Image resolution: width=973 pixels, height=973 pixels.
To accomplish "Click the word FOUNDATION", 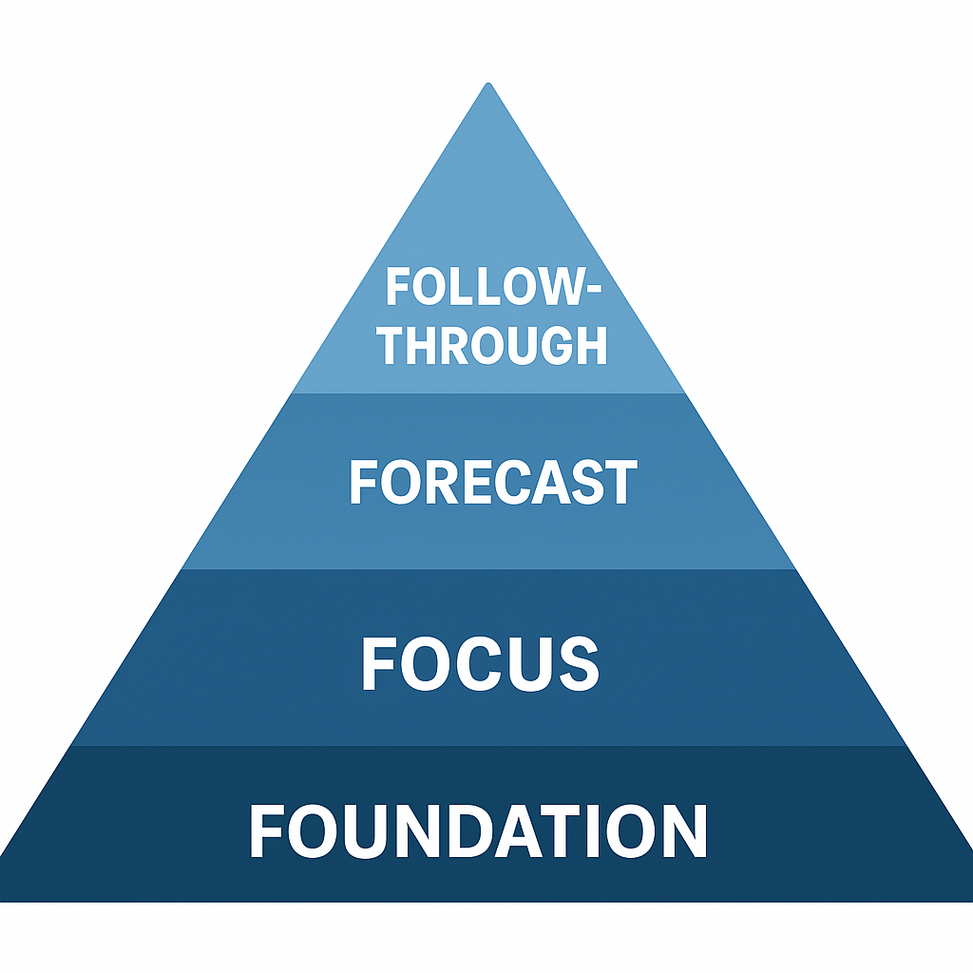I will tap(478, 832).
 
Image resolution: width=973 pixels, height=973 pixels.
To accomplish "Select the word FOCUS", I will tap(480, 663).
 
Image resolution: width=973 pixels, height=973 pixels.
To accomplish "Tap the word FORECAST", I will tap(492, 483).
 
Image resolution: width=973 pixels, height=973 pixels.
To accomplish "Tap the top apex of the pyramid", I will tap(488, 86).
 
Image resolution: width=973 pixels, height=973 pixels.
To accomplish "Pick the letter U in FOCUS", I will tap(527, 663).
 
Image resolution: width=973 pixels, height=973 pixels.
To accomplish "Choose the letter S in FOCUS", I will tap(577, 663).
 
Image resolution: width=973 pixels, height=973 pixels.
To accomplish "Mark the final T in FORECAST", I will tap(620, 483).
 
